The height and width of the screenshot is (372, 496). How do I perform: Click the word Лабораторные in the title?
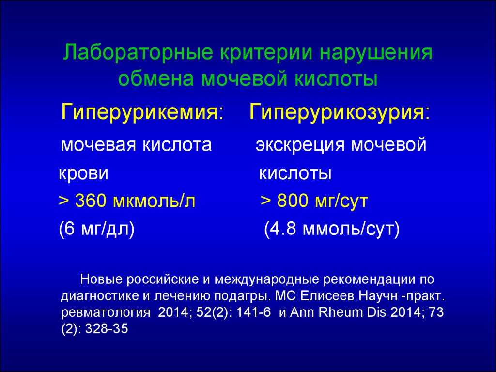tap(138, 52)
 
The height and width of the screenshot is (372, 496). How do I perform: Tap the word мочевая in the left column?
tap(98, 145)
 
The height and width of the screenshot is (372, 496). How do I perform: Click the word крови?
tap(83, 174)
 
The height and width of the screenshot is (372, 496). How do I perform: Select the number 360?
tap(91, 201)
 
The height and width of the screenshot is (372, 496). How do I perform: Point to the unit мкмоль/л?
tap(154, 201)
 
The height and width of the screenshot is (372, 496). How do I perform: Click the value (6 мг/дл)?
tap(97, 229)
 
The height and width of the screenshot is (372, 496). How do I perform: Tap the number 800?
tap(292, 201)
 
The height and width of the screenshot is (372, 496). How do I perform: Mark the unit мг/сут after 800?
tap(341, 201)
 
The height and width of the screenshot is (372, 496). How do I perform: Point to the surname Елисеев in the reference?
tap(327, 296)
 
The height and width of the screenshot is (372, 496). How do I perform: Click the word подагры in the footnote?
tap(242, 296)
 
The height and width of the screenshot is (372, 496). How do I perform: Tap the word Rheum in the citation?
tap(341, 312)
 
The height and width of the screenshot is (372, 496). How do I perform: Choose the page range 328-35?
tap(107, 329)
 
